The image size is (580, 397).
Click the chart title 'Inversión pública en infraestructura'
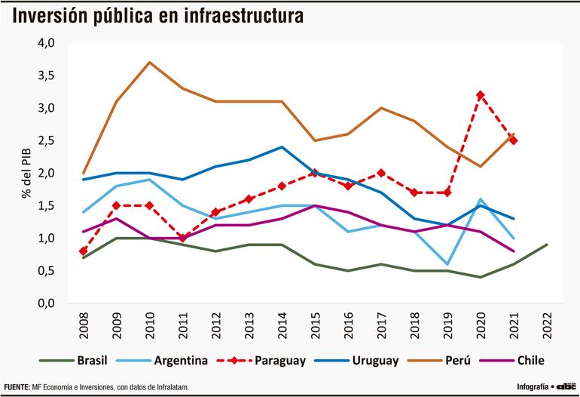[157, 15]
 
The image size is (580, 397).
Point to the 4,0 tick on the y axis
[46, 43]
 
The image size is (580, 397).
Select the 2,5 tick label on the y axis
[46, 140]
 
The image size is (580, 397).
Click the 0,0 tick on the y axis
[46, 303]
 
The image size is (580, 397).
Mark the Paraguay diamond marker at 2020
[479, 95]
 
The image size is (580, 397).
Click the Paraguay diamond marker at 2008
[83, 251]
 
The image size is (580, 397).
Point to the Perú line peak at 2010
[149, 63]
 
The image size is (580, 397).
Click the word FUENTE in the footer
[17, 387]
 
